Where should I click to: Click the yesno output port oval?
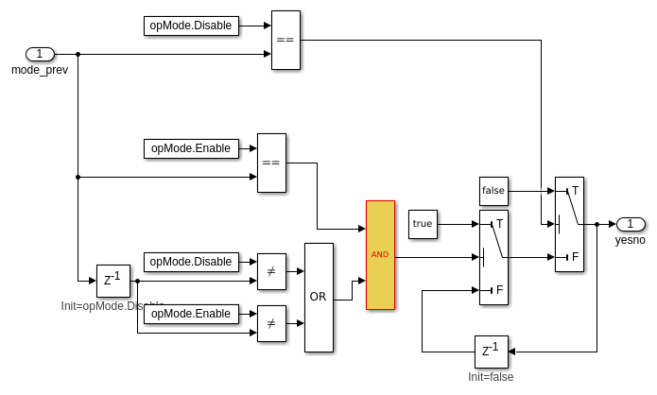(631, 224)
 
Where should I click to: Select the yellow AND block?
(380, 255)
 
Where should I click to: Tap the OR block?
(319, 297)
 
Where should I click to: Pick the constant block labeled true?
(423, 224)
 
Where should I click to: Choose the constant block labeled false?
(493, 191)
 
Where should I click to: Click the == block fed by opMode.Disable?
(285, 40)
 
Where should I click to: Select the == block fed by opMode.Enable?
(271, 163)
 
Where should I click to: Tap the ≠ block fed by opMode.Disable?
(271, 271)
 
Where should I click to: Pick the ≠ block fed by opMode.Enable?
(271, 323)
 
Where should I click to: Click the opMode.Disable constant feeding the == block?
(191, 26)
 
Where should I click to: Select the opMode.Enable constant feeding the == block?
(191, 148)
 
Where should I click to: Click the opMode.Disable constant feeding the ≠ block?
(191, 262)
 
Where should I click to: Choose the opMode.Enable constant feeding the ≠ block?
(191, 314)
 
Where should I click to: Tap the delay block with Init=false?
(491, 352)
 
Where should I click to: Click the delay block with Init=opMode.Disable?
(112, 281)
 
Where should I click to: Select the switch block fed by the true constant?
(493, 257)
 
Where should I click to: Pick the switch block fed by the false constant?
(569, 224)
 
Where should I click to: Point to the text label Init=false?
(491, 377)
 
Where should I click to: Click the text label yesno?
(630, 240)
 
